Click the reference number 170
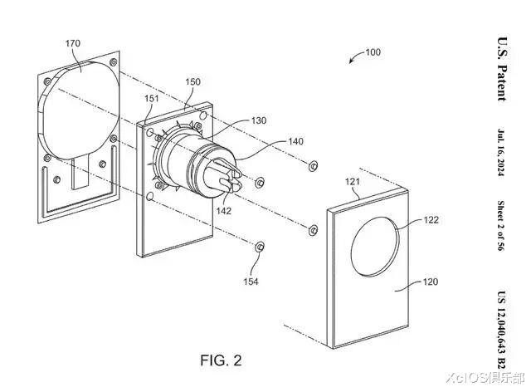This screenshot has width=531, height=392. [73, 43]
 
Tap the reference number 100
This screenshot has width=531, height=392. [373, 52]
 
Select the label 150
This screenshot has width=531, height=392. [192, 81]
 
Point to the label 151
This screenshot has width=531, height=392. [151, 98]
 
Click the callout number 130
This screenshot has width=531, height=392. [259, 120]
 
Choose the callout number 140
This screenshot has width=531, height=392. [295, 141]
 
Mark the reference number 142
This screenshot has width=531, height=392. [223, 211]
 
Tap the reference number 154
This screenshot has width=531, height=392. [251, 282]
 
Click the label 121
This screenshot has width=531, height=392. [352, 182]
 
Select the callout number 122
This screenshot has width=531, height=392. [431, 220]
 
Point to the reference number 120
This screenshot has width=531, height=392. [431, 282]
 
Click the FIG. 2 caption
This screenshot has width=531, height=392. [222, 360]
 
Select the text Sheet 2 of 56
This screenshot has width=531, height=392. [501, 226]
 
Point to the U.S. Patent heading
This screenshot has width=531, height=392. [502, 69]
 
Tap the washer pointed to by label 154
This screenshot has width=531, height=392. [260, 247]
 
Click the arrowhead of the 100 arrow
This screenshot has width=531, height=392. [351, 61]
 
